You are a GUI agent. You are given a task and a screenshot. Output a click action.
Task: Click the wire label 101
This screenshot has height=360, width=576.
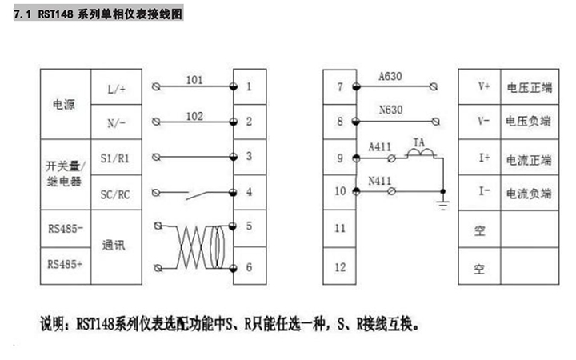point(194,79)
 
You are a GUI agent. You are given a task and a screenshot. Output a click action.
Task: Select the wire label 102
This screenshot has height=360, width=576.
point(194,116)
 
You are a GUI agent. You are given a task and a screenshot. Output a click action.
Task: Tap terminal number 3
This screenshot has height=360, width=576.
point(250,157)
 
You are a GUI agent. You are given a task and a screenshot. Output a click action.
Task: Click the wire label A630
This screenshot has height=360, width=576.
point(391,76)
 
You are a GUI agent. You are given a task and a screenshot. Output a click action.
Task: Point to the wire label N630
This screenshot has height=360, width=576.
point(391,113)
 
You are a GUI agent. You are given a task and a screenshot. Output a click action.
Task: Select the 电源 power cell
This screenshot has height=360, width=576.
point(65,105)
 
